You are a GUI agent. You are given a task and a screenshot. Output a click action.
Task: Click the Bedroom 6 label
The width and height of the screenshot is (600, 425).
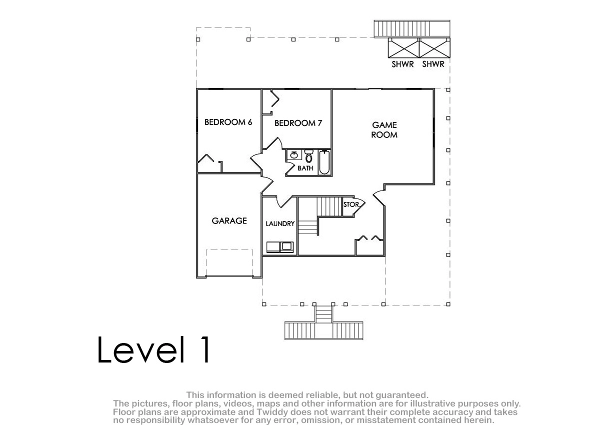tap(228, 122)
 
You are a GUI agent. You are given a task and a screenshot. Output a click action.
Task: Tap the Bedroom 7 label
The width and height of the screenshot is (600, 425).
tap(298, 123)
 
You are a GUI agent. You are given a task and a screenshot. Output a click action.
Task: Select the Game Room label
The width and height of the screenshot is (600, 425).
tap(384, 130)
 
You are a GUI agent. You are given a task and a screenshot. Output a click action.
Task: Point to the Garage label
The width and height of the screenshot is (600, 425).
tap(229, 220)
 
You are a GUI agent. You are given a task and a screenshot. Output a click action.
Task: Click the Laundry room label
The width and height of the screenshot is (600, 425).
tap(280, 223)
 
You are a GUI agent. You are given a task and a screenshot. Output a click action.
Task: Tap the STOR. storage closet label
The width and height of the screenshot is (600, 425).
tap(351, 204)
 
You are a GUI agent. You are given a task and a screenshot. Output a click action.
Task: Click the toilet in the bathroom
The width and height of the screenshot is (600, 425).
tap(309, 156)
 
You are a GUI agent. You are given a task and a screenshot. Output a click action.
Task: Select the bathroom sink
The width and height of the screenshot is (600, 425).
tap(294, 155)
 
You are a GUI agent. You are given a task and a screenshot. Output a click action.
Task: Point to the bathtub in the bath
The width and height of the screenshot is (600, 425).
tap(324, 162)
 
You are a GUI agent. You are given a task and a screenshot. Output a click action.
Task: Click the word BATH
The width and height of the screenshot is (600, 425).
tap(305, 168)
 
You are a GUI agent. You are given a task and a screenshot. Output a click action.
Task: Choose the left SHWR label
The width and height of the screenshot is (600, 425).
tap(402, 64)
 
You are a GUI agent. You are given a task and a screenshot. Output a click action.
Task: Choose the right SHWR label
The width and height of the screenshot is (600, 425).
tap(433, 64)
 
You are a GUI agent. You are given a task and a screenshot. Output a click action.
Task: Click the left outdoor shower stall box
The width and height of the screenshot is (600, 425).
tap(403, 48)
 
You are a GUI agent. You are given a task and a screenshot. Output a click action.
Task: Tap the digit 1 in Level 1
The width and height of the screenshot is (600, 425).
tap(205, 349)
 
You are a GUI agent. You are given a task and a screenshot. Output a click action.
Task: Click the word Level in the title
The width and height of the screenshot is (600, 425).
tap(141, 349)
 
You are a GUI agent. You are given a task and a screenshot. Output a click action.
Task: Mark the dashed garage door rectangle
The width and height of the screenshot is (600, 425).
tap(229, 262)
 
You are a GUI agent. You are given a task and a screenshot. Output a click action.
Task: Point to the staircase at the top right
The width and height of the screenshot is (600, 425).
tap(412, 28)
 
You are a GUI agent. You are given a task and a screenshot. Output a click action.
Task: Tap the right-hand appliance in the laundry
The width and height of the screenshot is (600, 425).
tap(286, 246)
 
